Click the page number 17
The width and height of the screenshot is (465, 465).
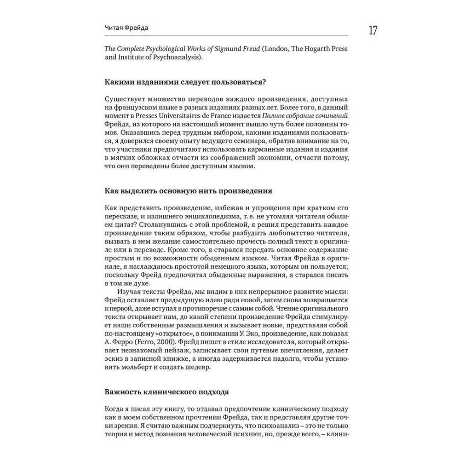pyautogui.click(x=372, y=31)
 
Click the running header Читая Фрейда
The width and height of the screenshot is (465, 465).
pyautogui.click(x=127, y=29)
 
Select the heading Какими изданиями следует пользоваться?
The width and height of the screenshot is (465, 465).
pyautogui.click(x=185, y=82)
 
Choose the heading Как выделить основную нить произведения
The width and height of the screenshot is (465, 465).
pyautogui.click(x=189, y=191)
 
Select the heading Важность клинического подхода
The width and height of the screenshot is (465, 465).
pyautogui.click(x=167, y=392)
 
